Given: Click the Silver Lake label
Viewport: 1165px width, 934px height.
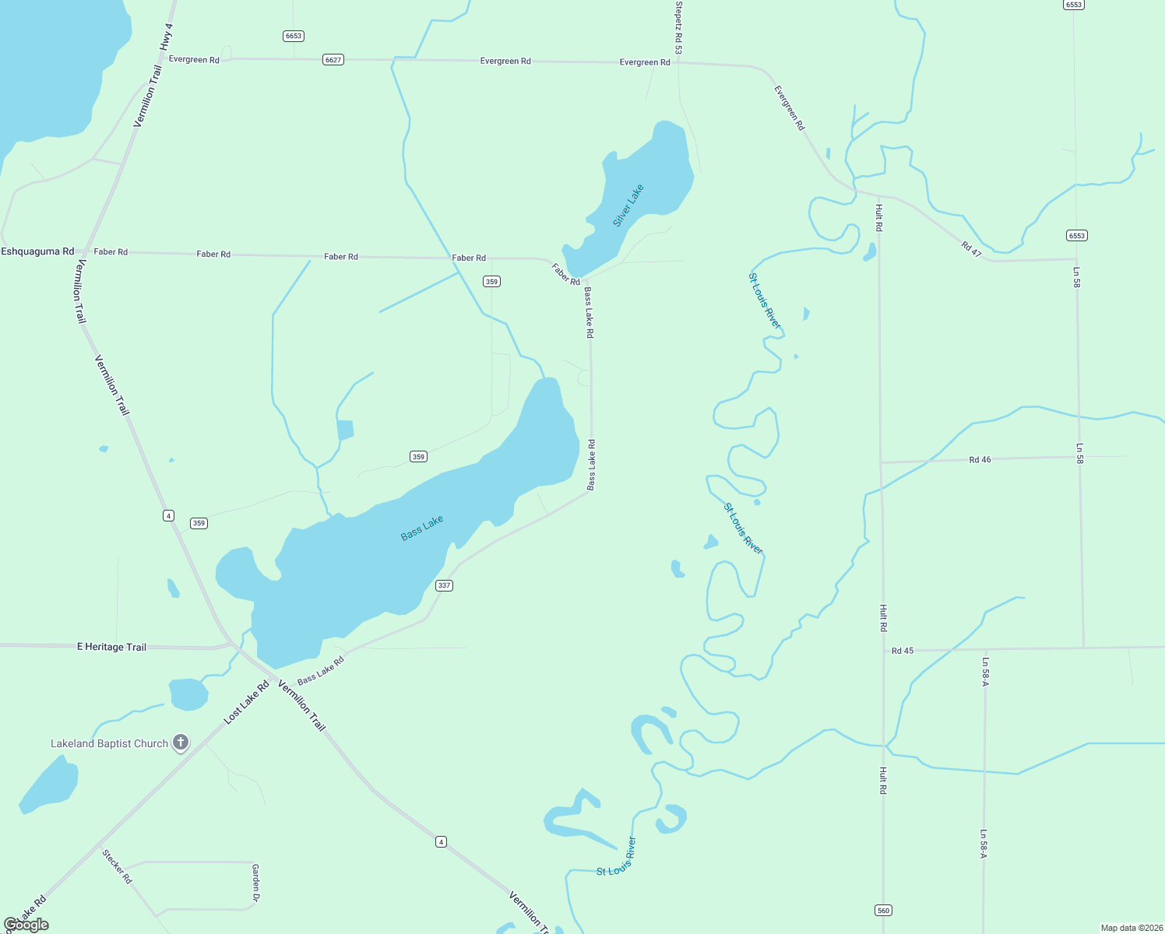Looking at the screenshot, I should coord(628,205).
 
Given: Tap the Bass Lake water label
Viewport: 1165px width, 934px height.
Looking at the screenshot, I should coord(422,528).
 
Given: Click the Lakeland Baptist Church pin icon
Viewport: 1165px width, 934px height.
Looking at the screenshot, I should coord(181,742).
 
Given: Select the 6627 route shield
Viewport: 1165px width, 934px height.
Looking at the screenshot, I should coord(333,60).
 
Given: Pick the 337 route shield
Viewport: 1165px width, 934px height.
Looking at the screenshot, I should coord(443,585).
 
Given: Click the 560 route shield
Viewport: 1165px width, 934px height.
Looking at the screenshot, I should coord(882,910).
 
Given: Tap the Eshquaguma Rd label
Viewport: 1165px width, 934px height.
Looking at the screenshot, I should coord(37,251).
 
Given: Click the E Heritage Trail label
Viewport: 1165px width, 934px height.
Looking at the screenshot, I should coord(111,647).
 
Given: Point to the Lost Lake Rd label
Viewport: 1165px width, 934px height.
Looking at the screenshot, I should coord(246,703).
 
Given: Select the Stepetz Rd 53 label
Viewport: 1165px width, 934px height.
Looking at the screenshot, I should coord(678,28).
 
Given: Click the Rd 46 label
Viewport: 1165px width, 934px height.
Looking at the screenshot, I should coord(980,460).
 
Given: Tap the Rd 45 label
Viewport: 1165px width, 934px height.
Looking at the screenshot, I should coord(903,651).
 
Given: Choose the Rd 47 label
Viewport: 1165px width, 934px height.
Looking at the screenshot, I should coord(971,249).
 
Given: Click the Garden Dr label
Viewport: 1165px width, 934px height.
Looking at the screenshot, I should coord(255,882).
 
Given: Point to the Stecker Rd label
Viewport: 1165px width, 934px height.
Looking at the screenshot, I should coord(117,866).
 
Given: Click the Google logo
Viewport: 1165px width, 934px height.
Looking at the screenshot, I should coord(26,925).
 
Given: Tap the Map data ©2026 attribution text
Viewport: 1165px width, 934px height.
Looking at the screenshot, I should coord(1131,928).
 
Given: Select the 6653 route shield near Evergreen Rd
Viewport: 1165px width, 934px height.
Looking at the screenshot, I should coord(293,36).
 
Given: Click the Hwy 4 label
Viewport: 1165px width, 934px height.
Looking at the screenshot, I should coord(166,37).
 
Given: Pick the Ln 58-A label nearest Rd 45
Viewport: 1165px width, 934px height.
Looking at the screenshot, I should coord(985,672).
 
